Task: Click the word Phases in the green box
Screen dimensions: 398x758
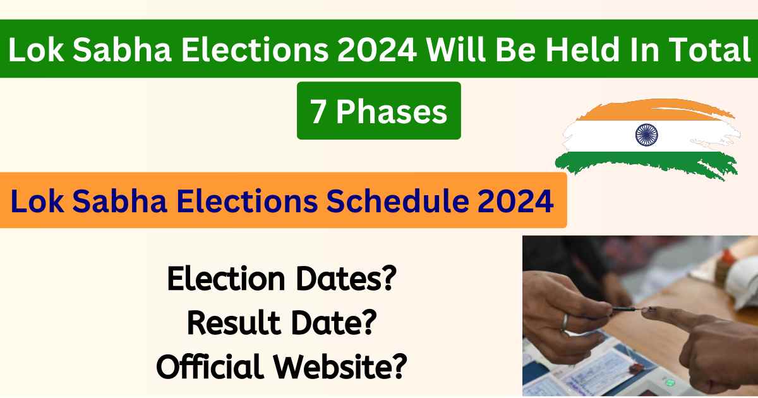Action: coord(392,112)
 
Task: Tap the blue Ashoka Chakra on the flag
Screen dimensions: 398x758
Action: coord(646,134)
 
